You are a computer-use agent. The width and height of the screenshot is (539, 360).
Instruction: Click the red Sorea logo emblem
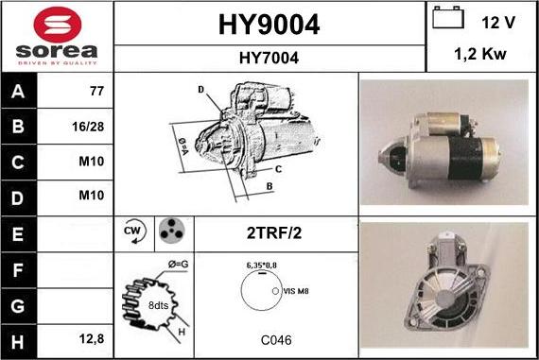58,25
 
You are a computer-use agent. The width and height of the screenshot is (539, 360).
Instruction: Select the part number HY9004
269,25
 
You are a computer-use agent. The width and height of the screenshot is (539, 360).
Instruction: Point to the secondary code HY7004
269,58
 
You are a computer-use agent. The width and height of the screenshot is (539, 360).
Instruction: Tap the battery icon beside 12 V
448,17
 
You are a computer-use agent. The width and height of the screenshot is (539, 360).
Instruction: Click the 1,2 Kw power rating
480,54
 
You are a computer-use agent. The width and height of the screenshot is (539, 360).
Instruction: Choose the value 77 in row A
96,91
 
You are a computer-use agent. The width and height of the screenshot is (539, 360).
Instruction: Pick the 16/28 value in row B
88,127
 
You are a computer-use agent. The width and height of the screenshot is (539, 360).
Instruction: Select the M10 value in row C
92,162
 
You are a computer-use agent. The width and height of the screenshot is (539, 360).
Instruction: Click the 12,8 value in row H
92,338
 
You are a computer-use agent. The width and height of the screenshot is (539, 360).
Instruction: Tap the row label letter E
18,234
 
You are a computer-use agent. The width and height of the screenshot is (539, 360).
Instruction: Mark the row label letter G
18,306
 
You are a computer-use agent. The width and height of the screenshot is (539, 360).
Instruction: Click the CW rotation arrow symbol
134,231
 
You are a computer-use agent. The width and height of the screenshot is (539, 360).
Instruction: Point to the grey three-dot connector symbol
172,231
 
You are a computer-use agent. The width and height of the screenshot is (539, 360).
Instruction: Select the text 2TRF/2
274,233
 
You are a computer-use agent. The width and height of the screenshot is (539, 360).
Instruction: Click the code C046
276,340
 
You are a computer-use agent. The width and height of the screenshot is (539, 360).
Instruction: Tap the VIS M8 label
296,291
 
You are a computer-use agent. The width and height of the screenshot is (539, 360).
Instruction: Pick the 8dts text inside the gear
158,305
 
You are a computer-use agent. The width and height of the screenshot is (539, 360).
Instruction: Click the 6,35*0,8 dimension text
262,266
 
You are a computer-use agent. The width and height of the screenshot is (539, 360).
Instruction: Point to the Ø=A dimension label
183,146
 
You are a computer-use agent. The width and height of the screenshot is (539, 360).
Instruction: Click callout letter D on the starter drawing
200,90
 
